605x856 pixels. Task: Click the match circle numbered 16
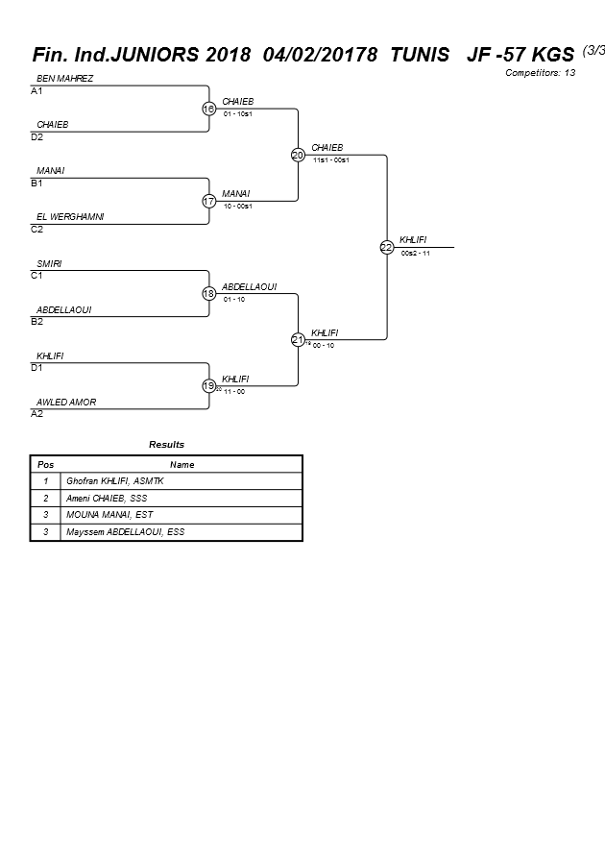(208, 109)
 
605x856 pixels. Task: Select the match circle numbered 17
(208, 201)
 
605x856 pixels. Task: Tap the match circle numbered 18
(208, 293)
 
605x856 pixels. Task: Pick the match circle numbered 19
(208, 385)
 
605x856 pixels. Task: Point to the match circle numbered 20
(298, 155)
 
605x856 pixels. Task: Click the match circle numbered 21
(298, 339)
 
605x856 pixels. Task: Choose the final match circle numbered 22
(386, 247)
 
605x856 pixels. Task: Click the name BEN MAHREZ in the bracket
(64, 79)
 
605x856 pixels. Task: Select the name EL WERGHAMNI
(70, 217)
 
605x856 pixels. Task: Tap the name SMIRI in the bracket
(50, 263)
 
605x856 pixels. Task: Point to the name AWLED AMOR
(66, 402)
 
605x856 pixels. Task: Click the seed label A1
(36, 91)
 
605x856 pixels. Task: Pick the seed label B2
(36, 322)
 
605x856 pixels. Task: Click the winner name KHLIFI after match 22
(413, 240)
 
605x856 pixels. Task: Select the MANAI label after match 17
(236, 194)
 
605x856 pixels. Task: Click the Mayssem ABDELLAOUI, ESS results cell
(125, 531)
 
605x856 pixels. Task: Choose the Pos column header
(45, 464)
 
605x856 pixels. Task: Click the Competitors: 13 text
(541, 72)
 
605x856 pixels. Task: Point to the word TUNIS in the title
(419, 55)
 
